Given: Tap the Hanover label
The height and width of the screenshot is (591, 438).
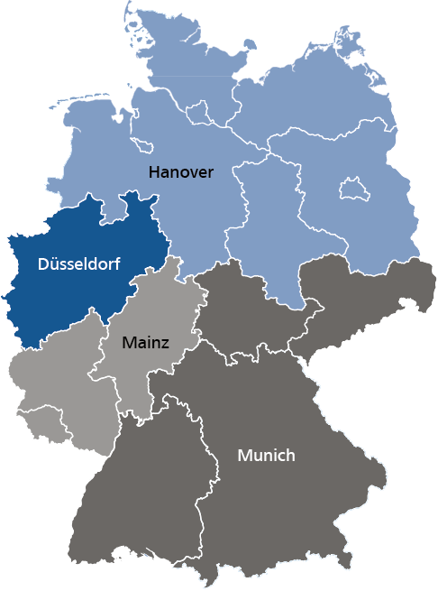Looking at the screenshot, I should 181,171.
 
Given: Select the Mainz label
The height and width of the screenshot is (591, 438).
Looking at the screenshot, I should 145,342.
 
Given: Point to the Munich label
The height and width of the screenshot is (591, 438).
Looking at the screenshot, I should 266,456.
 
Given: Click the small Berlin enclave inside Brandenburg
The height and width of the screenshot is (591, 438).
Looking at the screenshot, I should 351,189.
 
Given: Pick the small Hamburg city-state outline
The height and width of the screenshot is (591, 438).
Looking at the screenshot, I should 201,112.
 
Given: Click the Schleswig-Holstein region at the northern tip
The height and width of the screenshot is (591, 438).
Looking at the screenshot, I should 176,63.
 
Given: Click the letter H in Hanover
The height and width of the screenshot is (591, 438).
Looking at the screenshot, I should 154,171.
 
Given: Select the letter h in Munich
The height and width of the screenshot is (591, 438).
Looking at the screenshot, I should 290,456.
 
